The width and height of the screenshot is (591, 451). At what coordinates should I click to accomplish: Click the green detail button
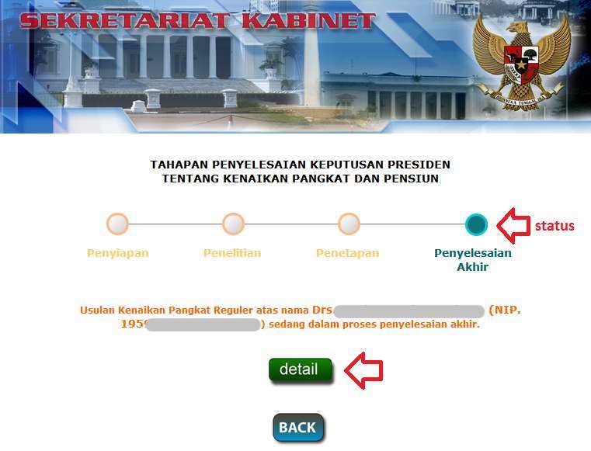pos(300,369)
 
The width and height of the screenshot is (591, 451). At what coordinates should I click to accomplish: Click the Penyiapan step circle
pos(117,224)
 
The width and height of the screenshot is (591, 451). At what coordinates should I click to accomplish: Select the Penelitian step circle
pos(233,224)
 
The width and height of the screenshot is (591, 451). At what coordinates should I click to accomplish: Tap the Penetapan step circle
pos(349,224)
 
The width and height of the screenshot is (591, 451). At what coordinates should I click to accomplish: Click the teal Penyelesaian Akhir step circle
pos(476,224)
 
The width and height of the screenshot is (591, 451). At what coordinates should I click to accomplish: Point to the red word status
pos(554,226)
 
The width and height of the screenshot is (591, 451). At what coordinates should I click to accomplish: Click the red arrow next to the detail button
pos(363,369)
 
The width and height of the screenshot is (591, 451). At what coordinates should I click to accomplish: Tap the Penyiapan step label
pos(117,253)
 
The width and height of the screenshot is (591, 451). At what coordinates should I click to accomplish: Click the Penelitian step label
pos(232,253)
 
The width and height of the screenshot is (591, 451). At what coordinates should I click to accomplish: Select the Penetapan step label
pos(347,253)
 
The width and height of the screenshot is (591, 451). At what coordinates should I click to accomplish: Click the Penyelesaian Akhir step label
pos(472,260)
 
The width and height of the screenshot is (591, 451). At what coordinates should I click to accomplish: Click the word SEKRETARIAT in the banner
pos(125,20)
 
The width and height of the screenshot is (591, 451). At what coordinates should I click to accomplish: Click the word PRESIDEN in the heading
pos(416,165)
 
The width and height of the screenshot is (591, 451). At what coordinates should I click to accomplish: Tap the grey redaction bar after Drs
pos(408,310)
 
